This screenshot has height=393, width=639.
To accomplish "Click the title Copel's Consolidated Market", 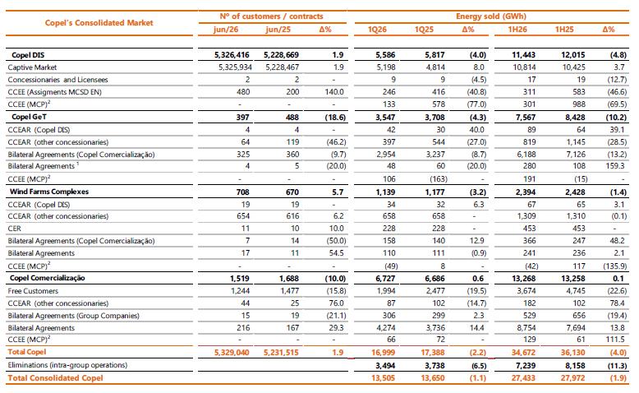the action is [99, 23].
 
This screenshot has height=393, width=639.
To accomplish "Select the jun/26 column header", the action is [226, 30].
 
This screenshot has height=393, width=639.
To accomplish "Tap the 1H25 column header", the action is [564, 30].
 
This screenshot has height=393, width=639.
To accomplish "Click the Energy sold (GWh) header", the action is [491, 16].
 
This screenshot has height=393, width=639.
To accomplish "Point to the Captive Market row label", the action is [32, 67].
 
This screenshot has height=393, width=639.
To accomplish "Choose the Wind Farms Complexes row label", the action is [49, 192].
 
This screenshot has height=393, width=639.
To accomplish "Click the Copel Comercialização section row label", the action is [48, 278].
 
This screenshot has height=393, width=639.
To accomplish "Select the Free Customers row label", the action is [33, 291].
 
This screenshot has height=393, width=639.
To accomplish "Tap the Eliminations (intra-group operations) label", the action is [67, 365].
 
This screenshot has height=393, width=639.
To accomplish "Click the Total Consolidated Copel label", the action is [55, 378].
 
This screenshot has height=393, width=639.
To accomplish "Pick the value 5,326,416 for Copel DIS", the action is [232, 55].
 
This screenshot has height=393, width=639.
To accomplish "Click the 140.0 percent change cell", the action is [334, 92].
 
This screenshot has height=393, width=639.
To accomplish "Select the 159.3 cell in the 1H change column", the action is [615, 166].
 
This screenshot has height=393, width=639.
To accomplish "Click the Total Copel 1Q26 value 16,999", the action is [383, 352].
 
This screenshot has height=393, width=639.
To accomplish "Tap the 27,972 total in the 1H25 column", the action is [572, 378].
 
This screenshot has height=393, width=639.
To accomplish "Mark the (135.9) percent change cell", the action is [614, 266].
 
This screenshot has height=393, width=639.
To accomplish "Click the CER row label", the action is [14, 229].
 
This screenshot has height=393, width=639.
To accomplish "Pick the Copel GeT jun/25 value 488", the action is [292, 117].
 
